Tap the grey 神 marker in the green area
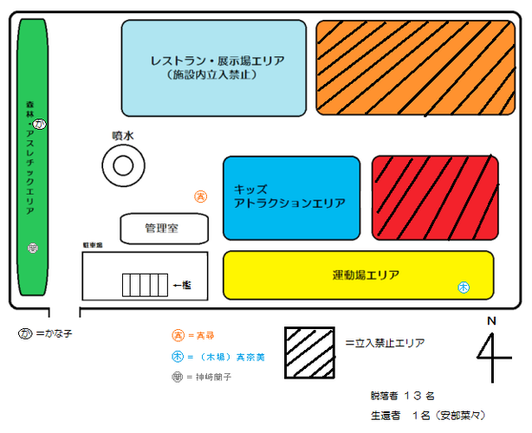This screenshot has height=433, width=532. pyautogui.click(x=32, y=249)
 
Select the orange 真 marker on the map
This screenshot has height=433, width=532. pyautogui.click(x=200, y=197)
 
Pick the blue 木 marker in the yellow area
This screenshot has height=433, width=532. pyautogui.click(x=464, y=287)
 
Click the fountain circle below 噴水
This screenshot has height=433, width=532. pyautogui.click(x=121, y=164)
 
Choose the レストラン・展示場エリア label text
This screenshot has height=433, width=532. pyautogui.click(x=217, y=67)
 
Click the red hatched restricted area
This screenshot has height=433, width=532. pyautogui.click(x=435, y=197)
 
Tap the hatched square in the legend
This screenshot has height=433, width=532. pyautogui.click(x=309, y=352)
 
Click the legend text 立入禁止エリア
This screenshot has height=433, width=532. pyautogui.click(x=384, y=343)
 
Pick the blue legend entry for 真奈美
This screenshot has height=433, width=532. pyautogui.click(x=217, y=356)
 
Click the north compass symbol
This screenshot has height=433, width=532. pyautogui.click(x=492, y=350)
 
